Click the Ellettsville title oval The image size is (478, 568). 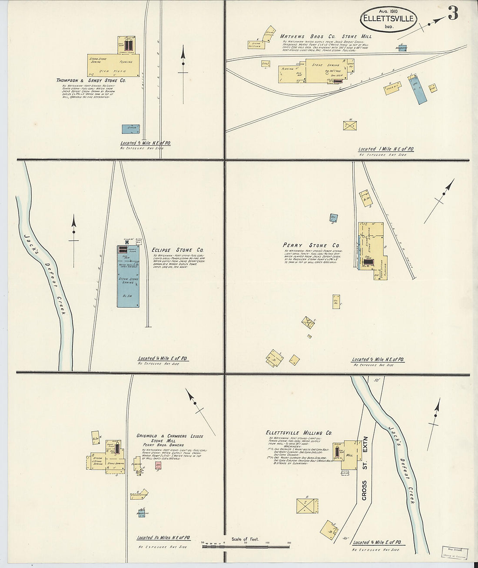[x=388, y=19]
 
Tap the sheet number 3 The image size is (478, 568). [x=453, y=14]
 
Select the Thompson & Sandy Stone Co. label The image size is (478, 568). [x=91, y=81]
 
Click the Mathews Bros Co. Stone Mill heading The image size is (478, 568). [x=325, y=37]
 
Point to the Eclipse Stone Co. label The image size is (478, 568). [x=178, y=250]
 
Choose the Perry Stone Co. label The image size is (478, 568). [x=311, y=245]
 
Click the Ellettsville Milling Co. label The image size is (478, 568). [x=299, y=433]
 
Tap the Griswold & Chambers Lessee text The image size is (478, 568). [x=169, y=436]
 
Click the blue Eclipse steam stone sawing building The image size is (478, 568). [x=128, y=279]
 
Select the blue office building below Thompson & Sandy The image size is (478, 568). [x=130, y=129]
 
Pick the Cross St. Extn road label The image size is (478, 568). [x=365, y=474]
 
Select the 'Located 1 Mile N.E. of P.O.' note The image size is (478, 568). [x=386, y=149]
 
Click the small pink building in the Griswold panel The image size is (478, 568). [x=158, y=465]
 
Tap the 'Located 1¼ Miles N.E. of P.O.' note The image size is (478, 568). [x=163, y=538]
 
